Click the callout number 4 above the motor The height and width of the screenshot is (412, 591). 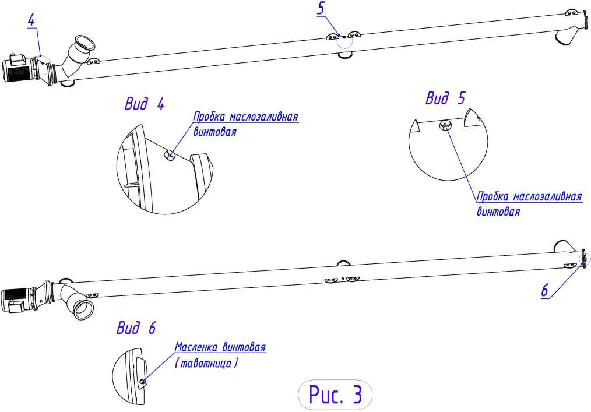click(31, 20)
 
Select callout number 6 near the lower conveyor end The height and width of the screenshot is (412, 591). click(544, 291)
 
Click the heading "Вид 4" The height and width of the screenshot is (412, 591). click(145, 104)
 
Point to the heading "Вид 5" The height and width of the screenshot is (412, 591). click(445, 98)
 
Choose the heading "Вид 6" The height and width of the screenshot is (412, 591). click(136, 328)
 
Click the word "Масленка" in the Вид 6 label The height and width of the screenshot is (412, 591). click(196, 347)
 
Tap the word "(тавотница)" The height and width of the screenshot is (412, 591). click(206, 363)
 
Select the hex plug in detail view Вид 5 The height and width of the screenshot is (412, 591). click(445, 125)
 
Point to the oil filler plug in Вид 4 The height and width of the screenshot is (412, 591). click(169, 154)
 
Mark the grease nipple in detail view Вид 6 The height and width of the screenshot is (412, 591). click(142, 382)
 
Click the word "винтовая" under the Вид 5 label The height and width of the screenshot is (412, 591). click(498, 211)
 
